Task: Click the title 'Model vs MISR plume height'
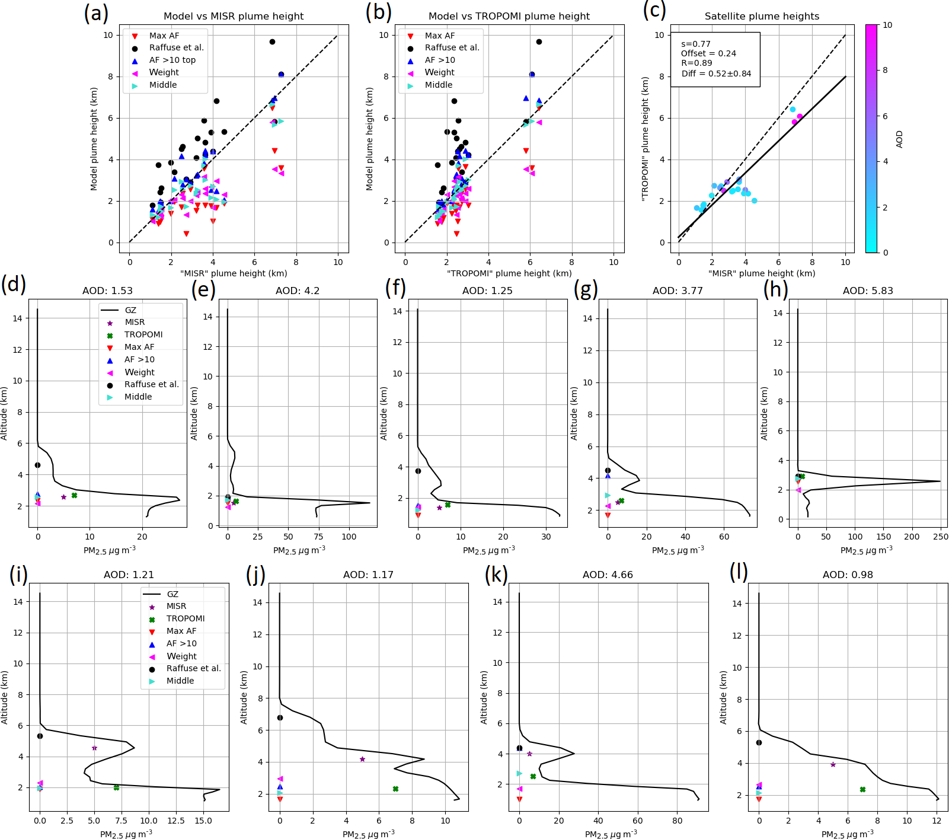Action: click(234, 16)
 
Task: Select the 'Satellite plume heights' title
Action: click(762, 16)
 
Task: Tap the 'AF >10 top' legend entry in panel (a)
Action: click(172, 60)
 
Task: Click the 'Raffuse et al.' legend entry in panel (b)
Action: click(452, 47)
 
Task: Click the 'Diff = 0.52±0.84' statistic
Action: click(716, 74)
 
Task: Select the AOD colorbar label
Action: click(899, 139)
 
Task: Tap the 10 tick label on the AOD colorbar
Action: click(887, 25)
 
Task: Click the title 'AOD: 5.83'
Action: click(867, 291)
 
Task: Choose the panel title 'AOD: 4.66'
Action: click(608, 575)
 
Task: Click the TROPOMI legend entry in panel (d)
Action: click(143, 334)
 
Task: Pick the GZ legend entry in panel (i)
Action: click(172, 594)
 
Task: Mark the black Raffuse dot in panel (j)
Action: click(280, 717)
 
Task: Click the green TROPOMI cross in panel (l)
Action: click(862, 789)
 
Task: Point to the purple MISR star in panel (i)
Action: click(94, 748)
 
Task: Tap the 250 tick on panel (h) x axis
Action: click(940, 537)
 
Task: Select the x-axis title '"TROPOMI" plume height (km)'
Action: click(509, 273)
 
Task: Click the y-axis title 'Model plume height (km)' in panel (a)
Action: click(94, 139)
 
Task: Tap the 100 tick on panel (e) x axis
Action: click(349, 537)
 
